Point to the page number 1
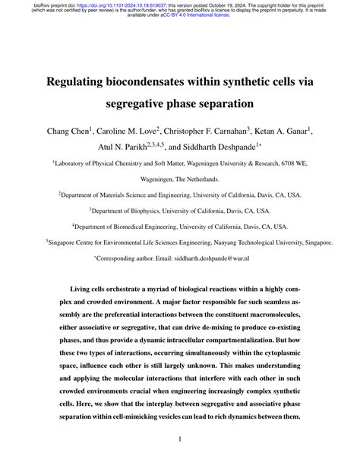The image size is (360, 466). (180, 439)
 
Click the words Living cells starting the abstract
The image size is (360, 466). (92, 292)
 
